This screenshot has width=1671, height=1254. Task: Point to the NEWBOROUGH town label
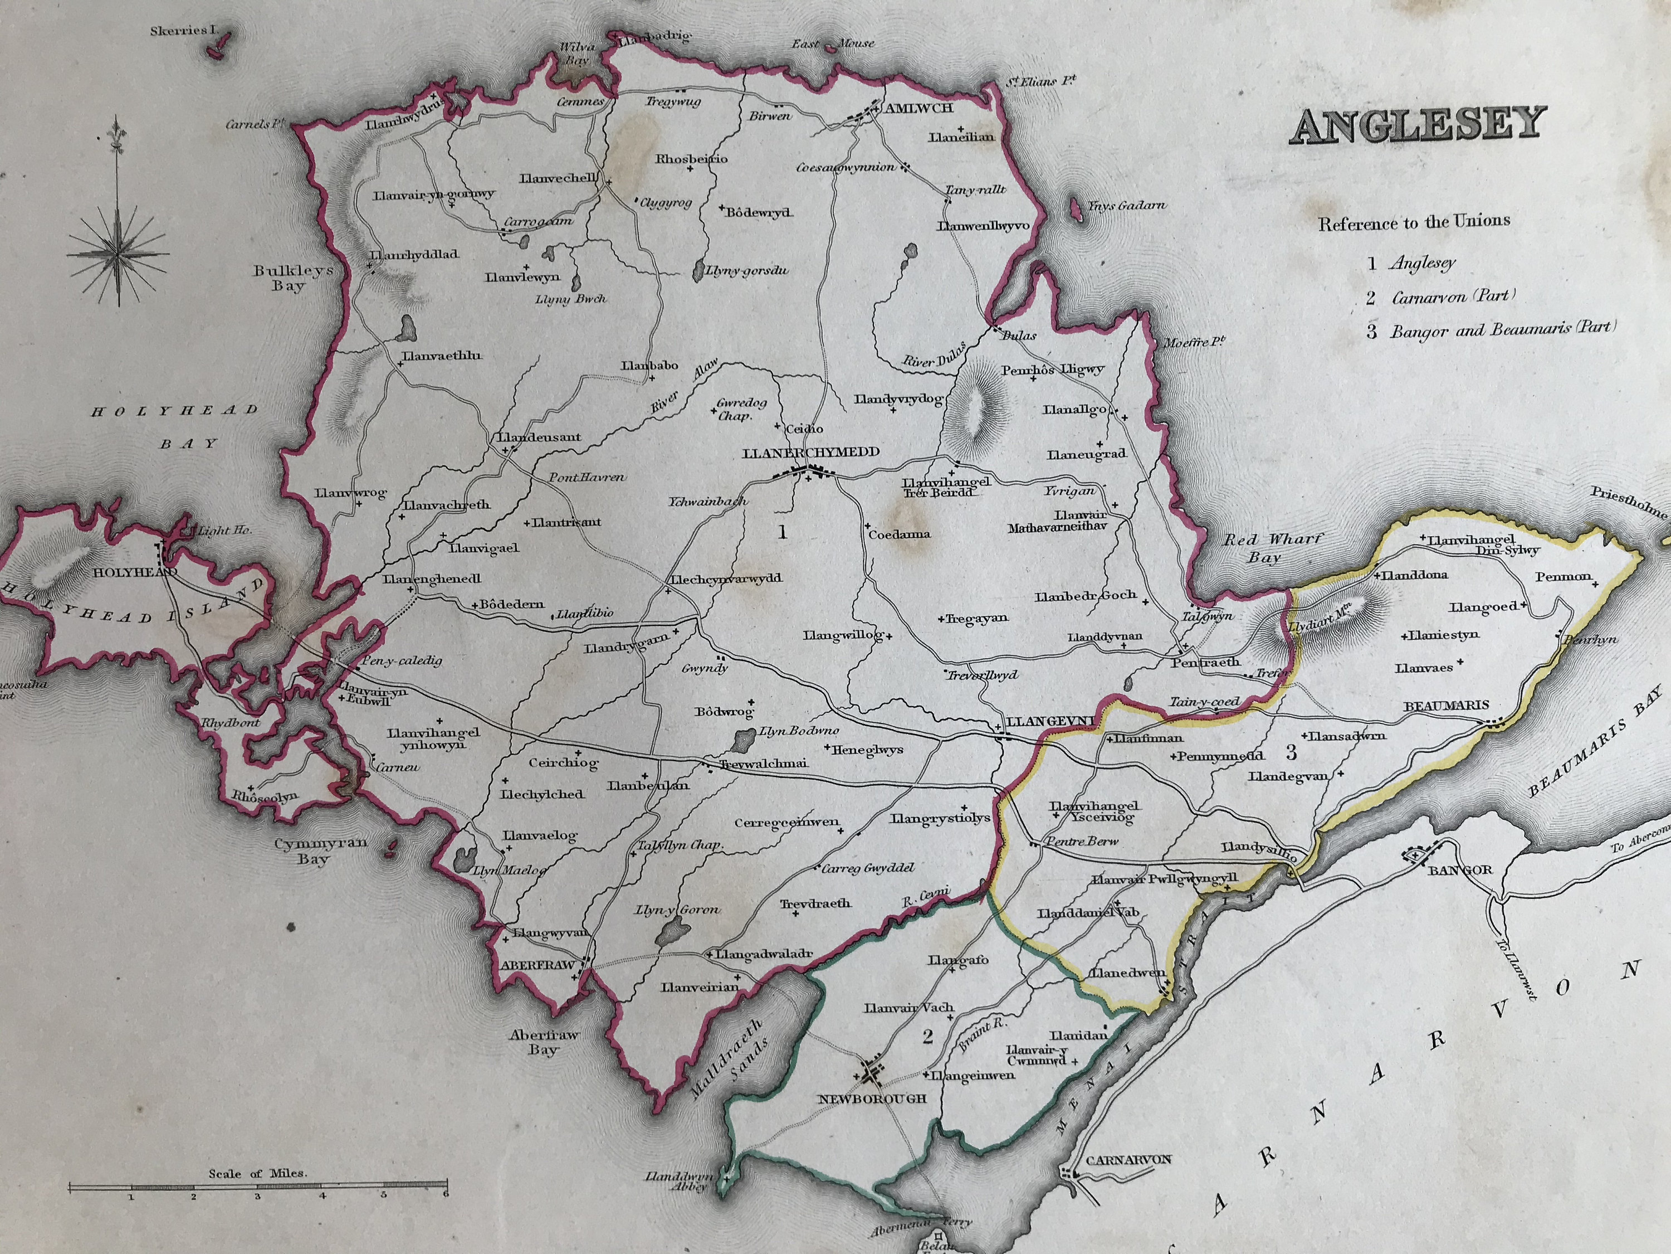click(x=872, y=1099)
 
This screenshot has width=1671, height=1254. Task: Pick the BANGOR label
click(x=1459, y=869)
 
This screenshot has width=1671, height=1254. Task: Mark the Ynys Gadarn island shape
click(x=1076, y=210)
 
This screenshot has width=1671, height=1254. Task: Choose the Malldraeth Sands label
click(x=729, y=1058)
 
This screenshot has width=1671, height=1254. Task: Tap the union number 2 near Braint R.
click(x=927, y=1036)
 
